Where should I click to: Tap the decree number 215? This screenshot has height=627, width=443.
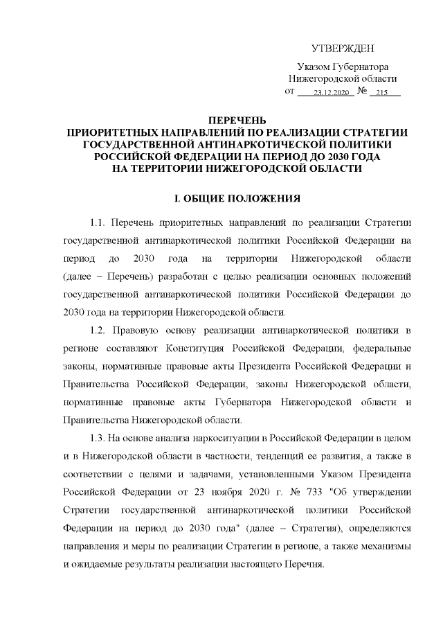coord(383,93)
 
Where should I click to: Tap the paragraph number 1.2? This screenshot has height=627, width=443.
coord(98,328)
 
